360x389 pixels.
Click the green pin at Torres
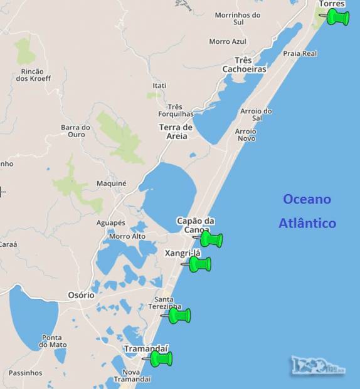click(337, 17)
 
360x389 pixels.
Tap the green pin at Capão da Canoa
click(211, 239)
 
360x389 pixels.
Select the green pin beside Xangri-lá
click(200, 264)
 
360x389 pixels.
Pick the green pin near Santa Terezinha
click(179, 315)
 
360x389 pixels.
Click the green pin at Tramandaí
click(161, 359)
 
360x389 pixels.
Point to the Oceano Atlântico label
click(307, 211)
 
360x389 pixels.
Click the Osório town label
click(81, 294)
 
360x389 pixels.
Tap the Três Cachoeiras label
click(245, 65)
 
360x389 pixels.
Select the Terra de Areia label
click(176, 132)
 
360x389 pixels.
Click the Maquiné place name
click(112, 184)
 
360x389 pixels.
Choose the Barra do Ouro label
click(76, 131)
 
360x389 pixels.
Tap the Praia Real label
click(300, 54)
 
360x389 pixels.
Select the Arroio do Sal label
click(256, 115)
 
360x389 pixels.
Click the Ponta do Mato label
click(53, 341)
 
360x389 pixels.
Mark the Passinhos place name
click(25, 373)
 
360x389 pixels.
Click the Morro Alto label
click(127, 236)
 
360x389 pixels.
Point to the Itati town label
click(159, 85)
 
